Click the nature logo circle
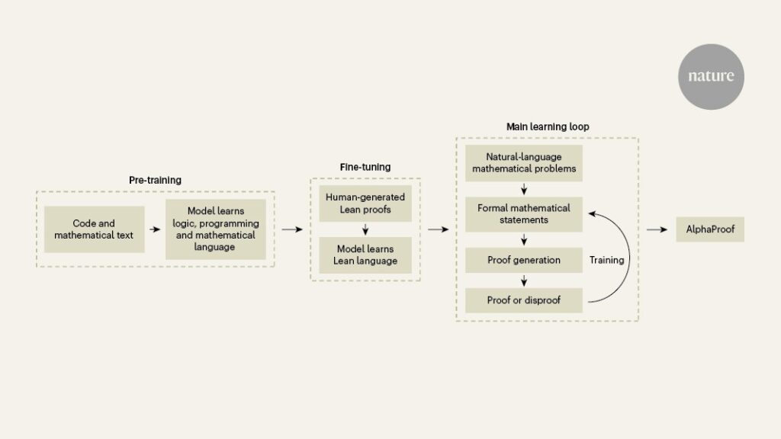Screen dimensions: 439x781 tap(710, 76)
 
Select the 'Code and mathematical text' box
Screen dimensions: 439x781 tap(94, 229)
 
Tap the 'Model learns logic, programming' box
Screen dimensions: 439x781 tap(215, 229)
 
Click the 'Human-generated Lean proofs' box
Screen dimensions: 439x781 tap(365, 203)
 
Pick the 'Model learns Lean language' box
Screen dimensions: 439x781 tap(365, 255)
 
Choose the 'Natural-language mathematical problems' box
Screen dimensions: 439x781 tap(523, 163)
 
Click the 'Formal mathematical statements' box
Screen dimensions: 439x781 tap(523, 214)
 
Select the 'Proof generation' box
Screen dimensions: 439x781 tap(523, 261)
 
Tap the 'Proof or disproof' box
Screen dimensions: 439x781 tap(523, 300)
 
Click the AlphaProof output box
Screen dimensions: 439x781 tap(709, 229)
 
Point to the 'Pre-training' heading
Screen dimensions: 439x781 tap(155, 180)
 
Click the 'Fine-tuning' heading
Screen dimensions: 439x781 tap(365, 167)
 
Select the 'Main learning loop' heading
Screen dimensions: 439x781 tap(548, 126)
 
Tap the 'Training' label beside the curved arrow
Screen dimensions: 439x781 tap(606, 261)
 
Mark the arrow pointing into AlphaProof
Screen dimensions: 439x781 tap(657, 229)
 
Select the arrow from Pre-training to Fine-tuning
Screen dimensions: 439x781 tap(292, 229)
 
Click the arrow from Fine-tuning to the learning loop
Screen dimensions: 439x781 tap(439, 229)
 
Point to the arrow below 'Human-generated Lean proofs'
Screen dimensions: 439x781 tap(365, 229)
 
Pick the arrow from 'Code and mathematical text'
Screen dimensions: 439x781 tap(155, 229)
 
